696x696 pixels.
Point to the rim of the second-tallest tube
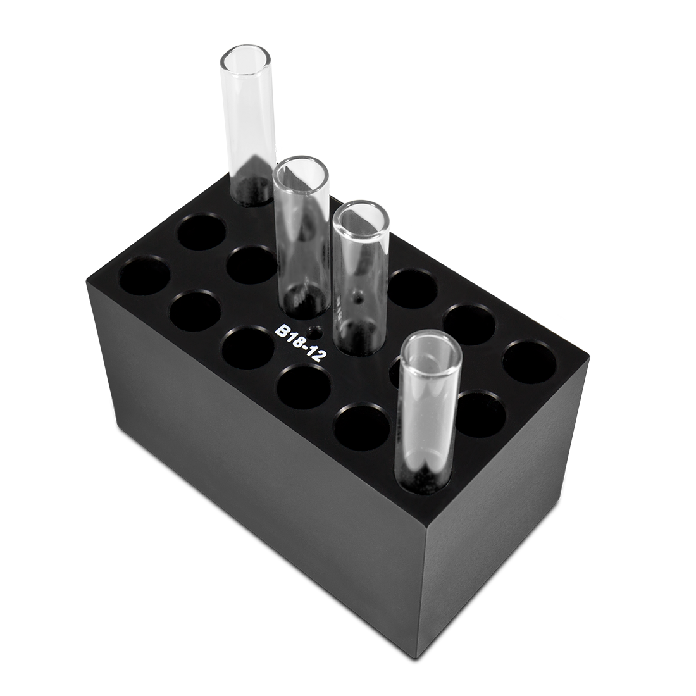point(301,172)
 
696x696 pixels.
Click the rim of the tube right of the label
point(361,220)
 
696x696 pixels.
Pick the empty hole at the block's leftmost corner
point(145,275)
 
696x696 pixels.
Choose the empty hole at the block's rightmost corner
point(529,361)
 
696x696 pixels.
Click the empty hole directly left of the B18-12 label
point(248,348)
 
